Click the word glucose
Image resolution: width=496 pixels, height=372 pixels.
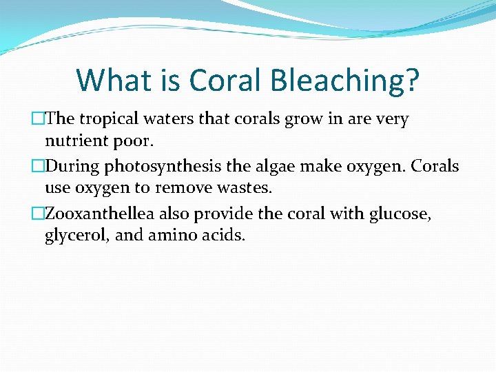[400, 214]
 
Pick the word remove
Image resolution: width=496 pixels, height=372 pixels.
[178, 189]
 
